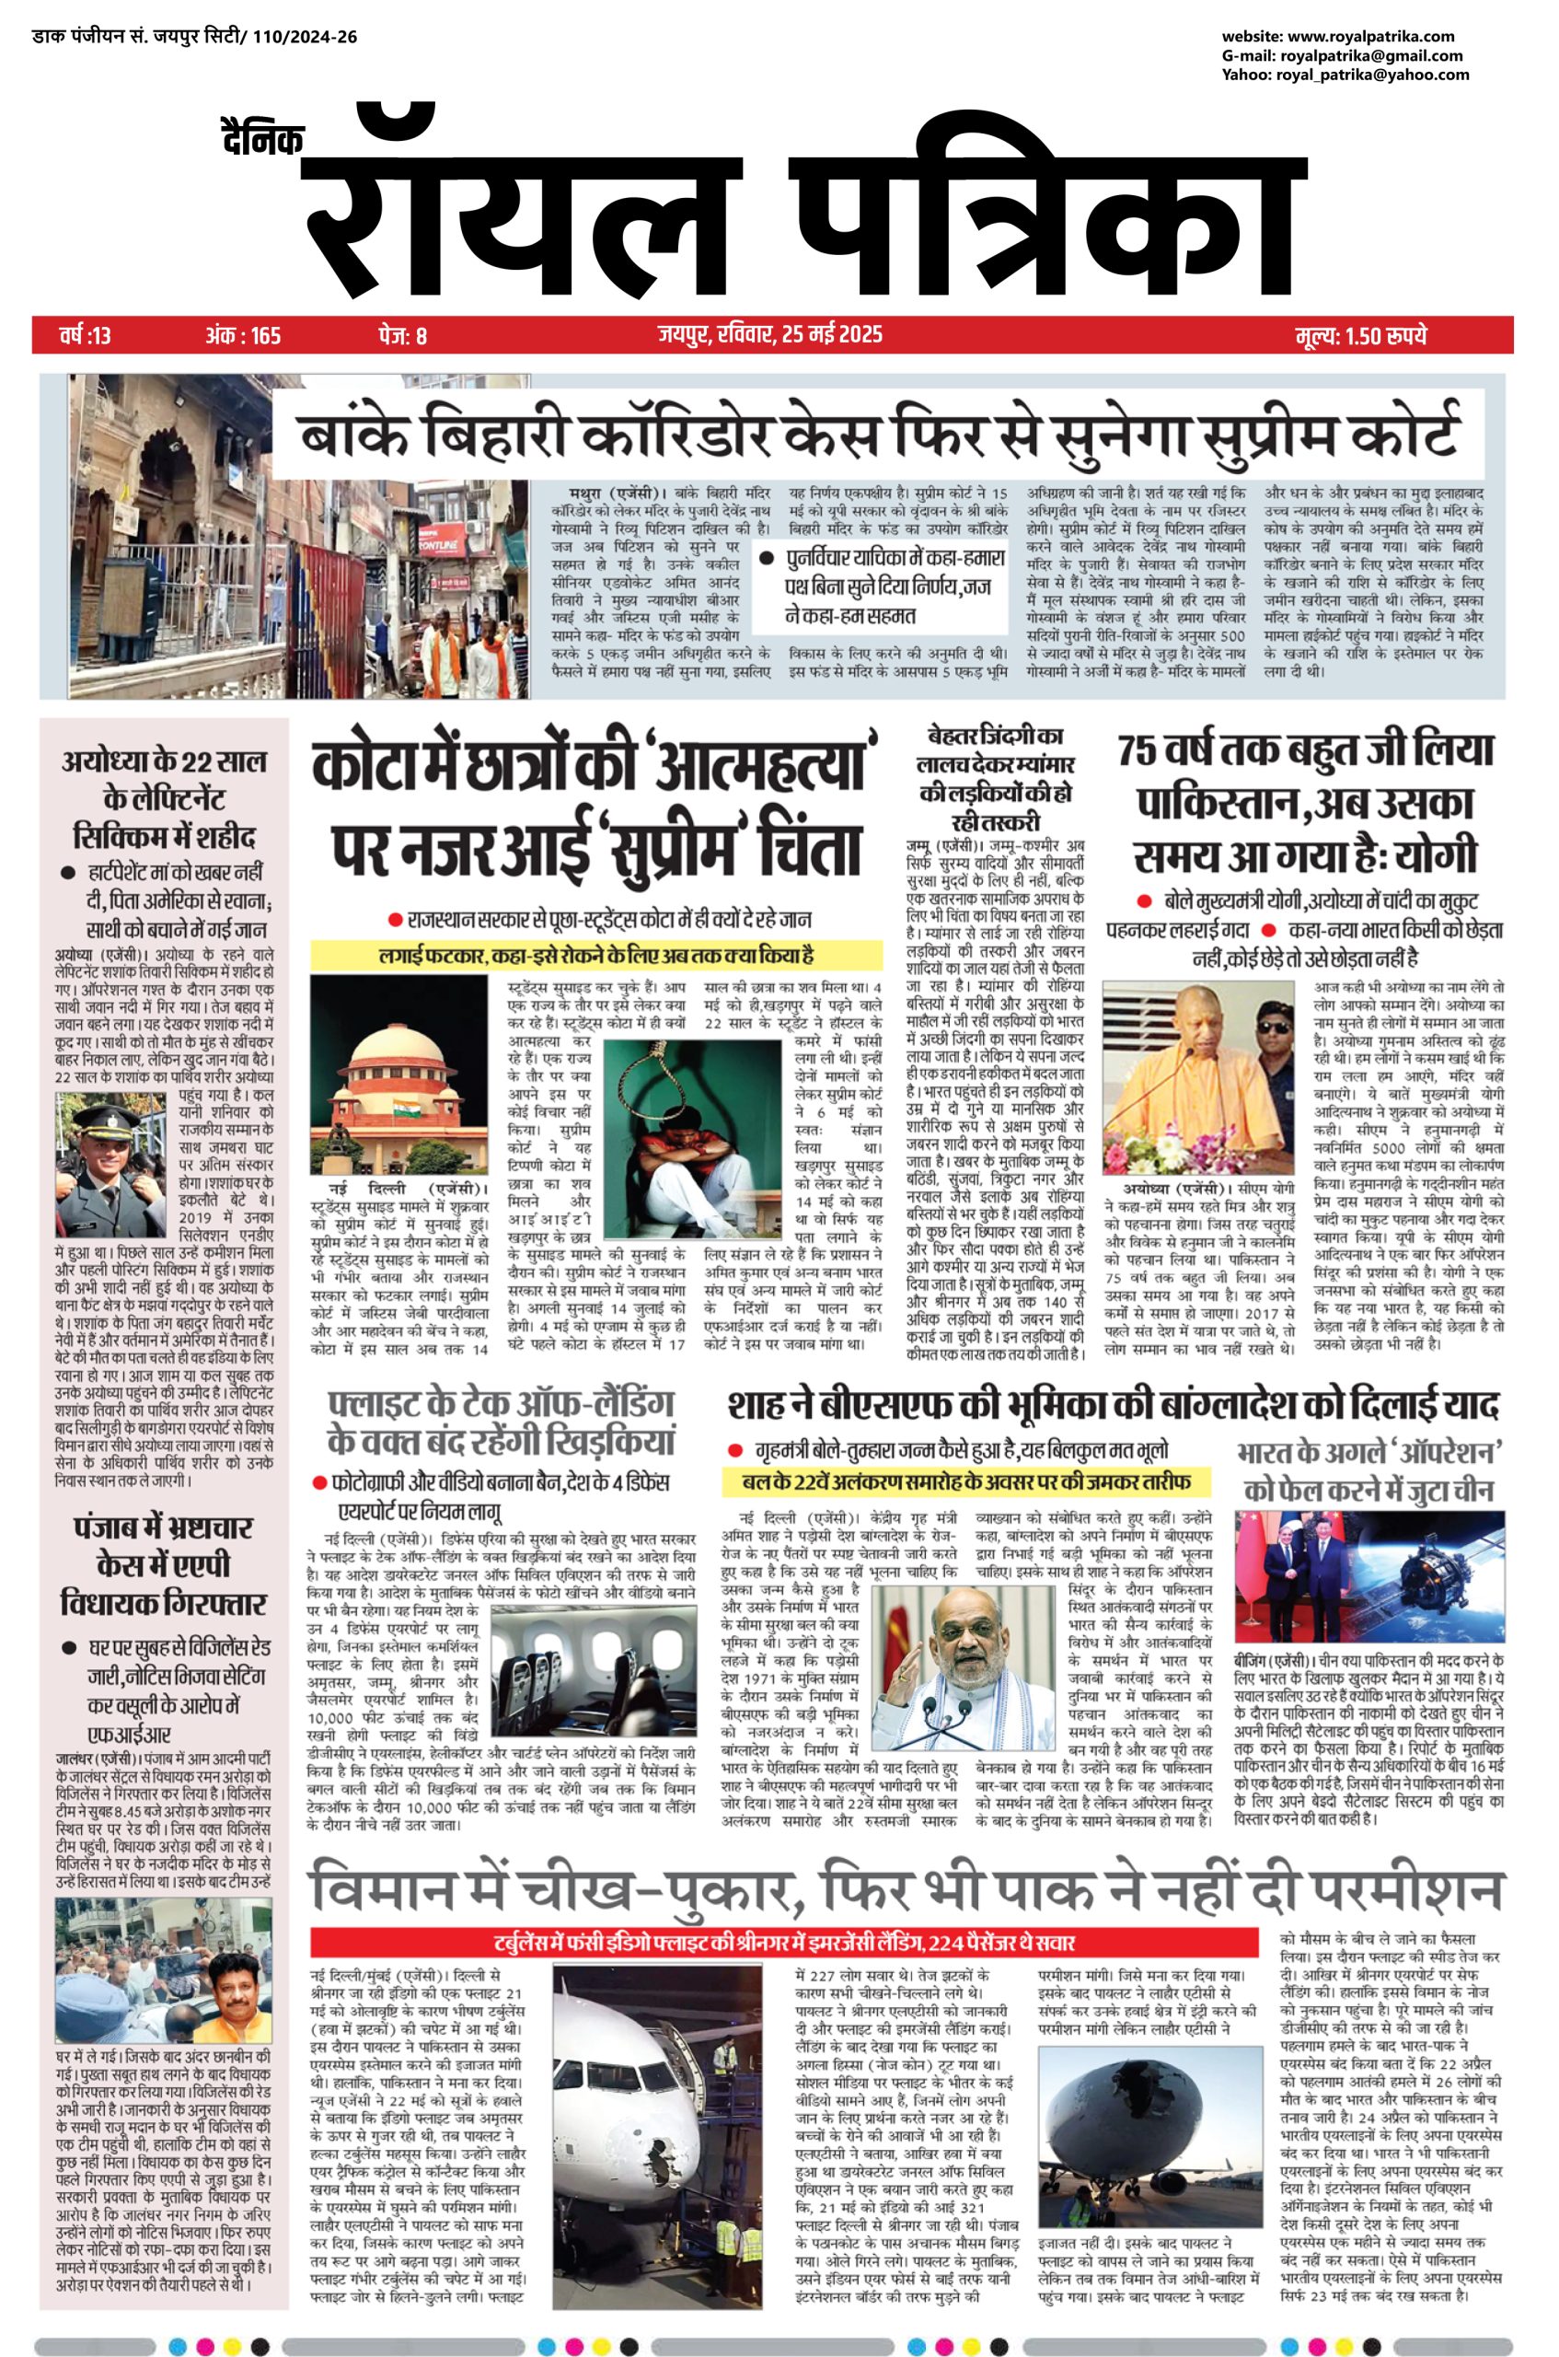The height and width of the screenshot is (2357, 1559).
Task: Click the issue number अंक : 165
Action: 243,336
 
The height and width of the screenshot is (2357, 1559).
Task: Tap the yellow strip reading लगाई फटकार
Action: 596,956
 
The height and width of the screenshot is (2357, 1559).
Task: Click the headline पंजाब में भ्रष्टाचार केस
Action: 163,1566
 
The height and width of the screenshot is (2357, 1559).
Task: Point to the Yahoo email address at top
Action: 1345,75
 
